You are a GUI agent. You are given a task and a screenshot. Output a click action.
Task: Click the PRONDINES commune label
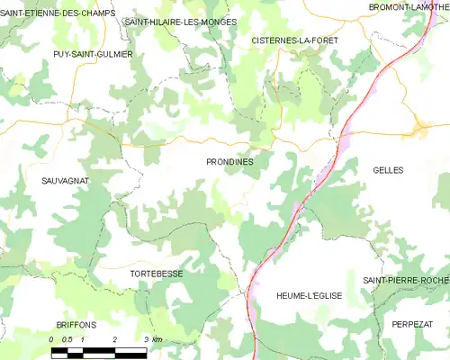point(229,161)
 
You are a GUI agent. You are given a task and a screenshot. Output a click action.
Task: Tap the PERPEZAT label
point(412,322)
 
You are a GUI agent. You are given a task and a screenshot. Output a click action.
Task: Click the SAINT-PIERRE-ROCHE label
point(406,281)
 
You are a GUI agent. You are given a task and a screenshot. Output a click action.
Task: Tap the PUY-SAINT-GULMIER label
point(93,54)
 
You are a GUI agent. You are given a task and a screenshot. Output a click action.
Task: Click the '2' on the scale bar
point(115,339)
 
